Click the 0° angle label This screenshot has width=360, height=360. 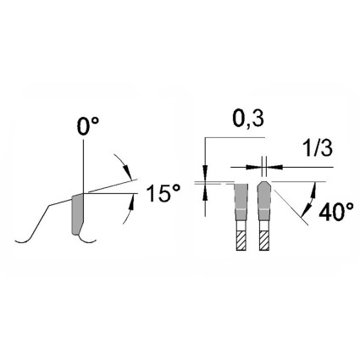click(x=88, y=126)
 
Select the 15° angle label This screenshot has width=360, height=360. click(x=163, y=193)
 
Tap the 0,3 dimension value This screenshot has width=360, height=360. click(x=248, y=119)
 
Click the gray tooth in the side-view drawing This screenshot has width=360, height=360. click(x=77, y=214)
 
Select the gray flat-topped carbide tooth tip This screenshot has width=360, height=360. click(x=241, y=202)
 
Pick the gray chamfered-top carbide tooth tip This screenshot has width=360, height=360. click(x=264, y=201)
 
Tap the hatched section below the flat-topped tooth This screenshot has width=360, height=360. click(x=241, y=241)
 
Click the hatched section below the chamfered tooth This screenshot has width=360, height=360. click(x=264, y=241)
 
